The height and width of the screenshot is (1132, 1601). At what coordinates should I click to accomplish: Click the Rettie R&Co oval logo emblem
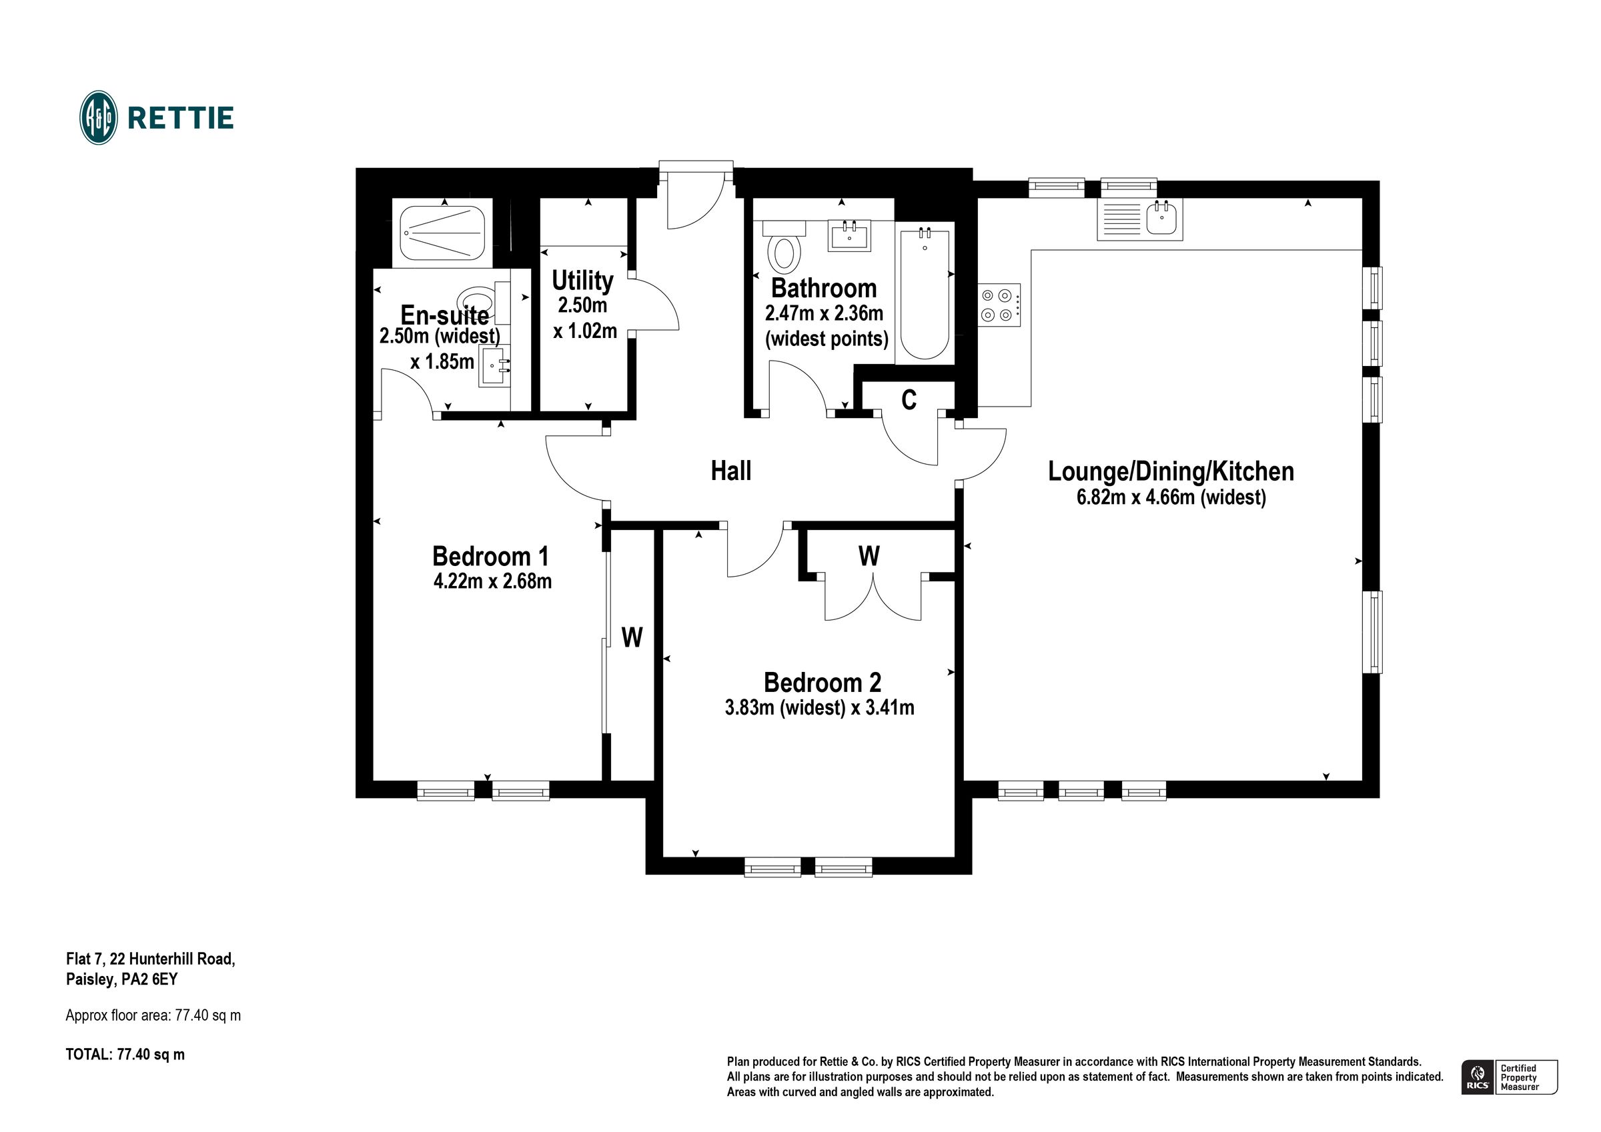(98, 118)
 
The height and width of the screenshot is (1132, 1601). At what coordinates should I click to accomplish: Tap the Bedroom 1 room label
(491, 556)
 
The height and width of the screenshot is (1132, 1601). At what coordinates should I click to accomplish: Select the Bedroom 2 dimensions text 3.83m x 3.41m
(819, 708)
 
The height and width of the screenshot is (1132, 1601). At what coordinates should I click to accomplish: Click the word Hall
(730, 471)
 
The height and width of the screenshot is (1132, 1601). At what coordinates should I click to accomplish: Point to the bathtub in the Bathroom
(925, 293)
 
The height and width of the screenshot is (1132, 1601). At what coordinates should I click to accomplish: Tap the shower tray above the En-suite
(443, 233)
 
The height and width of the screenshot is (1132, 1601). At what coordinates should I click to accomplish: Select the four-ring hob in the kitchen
(999, 305)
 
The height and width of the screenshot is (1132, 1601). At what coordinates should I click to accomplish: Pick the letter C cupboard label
(909, 400)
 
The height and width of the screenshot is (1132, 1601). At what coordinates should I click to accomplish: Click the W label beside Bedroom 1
(632, 637)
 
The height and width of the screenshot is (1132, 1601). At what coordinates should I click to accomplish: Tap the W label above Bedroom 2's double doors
(869, 556)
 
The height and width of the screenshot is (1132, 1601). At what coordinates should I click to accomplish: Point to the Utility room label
(582, 280)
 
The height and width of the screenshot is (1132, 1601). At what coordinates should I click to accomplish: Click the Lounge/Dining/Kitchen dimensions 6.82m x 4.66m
(1171, 497)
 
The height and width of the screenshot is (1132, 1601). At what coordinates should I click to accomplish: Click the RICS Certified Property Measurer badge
(1510, 1077)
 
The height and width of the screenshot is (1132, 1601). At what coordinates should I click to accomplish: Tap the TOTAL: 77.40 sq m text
(125, 1055)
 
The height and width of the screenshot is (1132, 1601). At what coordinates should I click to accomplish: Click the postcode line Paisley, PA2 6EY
(122, 979)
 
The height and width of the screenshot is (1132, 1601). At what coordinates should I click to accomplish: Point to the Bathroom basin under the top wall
(849, 235)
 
